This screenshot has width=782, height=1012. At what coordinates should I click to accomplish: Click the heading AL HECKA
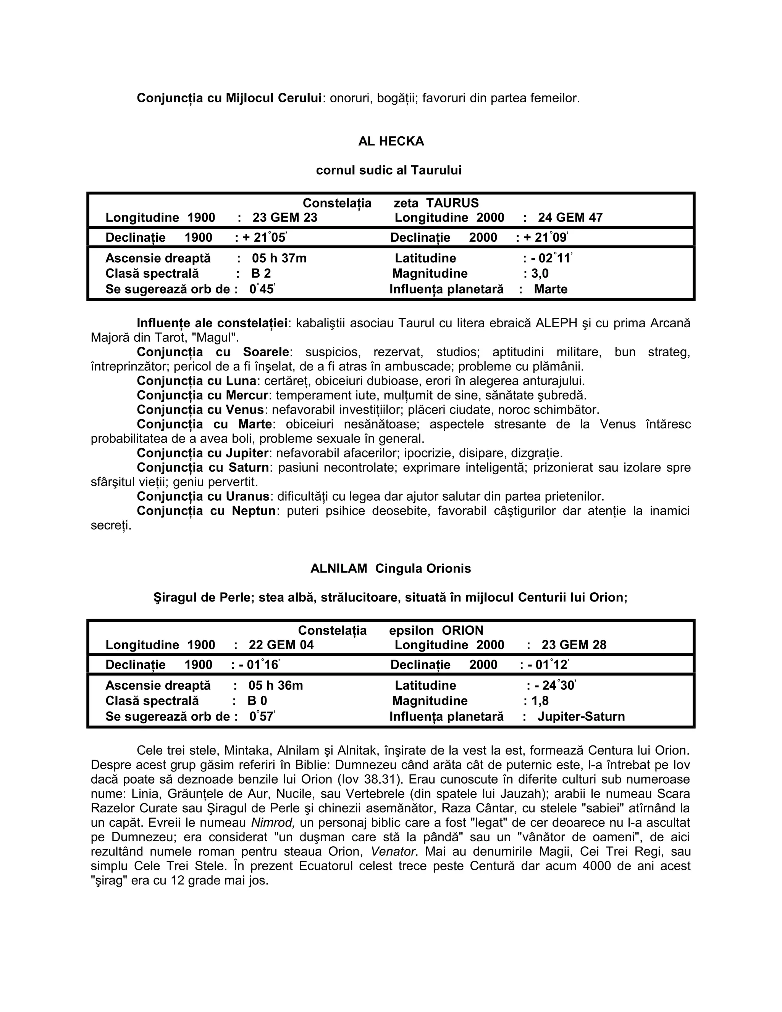pyautogui.click(x=391, y=141)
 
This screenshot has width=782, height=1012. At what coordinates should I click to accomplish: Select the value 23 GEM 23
pyautogui.click(x=284, y=218)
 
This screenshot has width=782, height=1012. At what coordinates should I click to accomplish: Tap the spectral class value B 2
pyautogui.click(x=261, y=274)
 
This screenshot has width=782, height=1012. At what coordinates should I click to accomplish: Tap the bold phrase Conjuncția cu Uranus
pyautogui.click(x=203, y=497)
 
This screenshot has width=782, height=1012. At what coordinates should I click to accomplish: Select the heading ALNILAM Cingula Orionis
pyautogui.click(x=391, y=569)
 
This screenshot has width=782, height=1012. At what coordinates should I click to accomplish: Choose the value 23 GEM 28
pyautogui.click(x=574, y=645)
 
